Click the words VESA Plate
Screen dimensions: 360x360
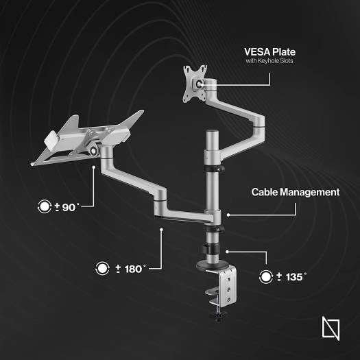click(269, 52)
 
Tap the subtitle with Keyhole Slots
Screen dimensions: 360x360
click(269, 61)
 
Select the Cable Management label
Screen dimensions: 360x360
click(296, 192)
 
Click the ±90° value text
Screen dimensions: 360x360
click(67, 207)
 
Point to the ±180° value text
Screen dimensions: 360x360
click(130, 269)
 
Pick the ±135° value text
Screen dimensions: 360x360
click(291, 277)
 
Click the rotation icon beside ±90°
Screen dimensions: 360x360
click(45, 206)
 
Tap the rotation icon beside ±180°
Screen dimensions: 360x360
click(102, 268)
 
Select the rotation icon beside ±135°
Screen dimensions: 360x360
click(266, 277)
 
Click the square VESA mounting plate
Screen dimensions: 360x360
click(195, 84)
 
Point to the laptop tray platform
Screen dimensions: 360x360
click(87, 139)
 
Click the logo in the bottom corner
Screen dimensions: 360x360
click(331, 328)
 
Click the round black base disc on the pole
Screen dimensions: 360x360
click(213, 265)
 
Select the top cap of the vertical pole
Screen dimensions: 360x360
click(213, 132)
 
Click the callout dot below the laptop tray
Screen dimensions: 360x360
click(94, 167)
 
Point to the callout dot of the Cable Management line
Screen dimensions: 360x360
click(228, 215)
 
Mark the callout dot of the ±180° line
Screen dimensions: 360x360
click(161, 229)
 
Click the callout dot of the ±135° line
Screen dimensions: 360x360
click(227, 252)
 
